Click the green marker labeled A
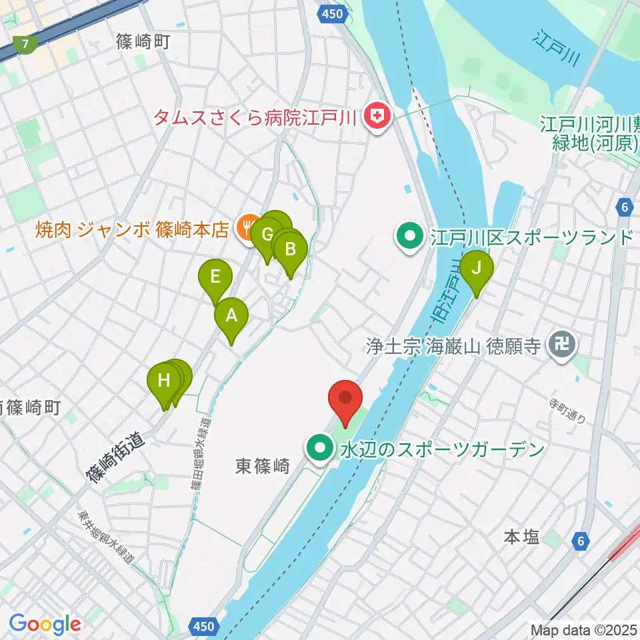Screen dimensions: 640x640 (x=231, y=317)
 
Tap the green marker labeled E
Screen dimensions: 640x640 (x=215, y=277)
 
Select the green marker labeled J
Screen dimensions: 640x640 (x=477, y=269)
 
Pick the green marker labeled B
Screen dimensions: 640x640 (x=291, y=250)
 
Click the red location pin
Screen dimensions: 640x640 (x=346, y=399)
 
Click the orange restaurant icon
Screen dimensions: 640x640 (x=246, y=227)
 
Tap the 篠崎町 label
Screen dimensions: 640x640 (x=143, y=43)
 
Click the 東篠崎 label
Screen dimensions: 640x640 (x=262, y=467)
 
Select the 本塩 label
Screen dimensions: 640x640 (x=521, y=537)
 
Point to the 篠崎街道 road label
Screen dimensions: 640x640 (x=115, y=455)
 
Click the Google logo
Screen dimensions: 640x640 (x=45, y=625)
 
